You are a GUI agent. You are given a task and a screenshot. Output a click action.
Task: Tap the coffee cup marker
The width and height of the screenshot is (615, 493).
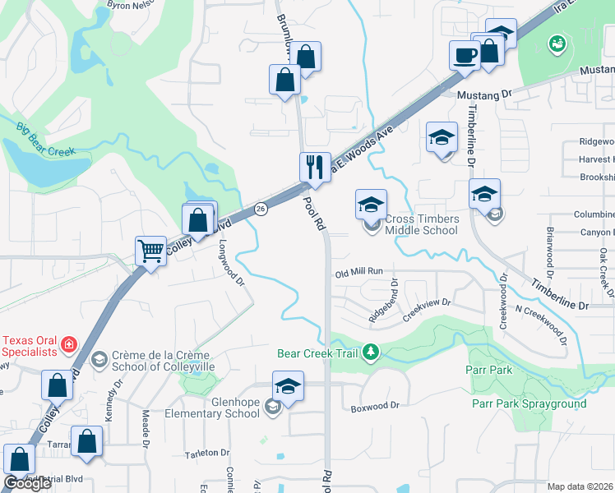[x=465, y=54]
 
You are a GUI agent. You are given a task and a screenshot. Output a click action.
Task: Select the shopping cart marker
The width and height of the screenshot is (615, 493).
[x=150, y=251]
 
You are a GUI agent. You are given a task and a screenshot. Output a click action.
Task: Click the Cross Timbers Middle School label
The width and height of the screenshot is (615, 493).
[x=421, y=224]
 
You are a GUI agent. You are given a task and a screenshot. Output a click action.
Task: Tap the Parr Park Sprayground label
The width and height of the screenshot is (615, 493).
[x=529, y=403]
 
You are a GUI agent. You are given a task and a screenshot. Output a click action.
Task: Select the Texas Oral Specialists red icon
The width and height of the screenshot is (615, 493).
[x=70, y=343]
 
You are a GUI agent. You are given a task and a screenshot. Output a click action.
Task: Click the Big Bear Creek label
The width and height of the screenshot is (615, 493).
[x=45, y=139]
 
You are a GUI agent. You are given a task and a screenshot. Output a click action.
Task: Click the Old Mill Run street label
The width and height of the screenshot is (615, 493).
[x=359, y=271]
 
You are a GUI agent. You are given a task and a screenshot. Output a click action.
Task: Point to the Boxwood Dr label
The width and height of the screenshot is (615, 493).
[x=374, y=406]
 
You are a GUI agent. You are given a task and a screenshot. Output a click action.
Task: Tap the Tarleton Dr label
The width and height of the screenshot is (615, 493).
[x=206, y=453]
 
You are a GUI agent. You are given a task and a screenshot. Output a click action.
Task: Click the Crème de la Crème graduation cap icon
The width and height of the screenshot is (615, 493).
[x=99, y=359]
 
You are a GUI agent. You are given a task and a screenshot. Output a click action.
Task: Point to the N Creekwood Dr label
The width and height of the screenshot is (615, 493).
[x=541, y=319]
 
